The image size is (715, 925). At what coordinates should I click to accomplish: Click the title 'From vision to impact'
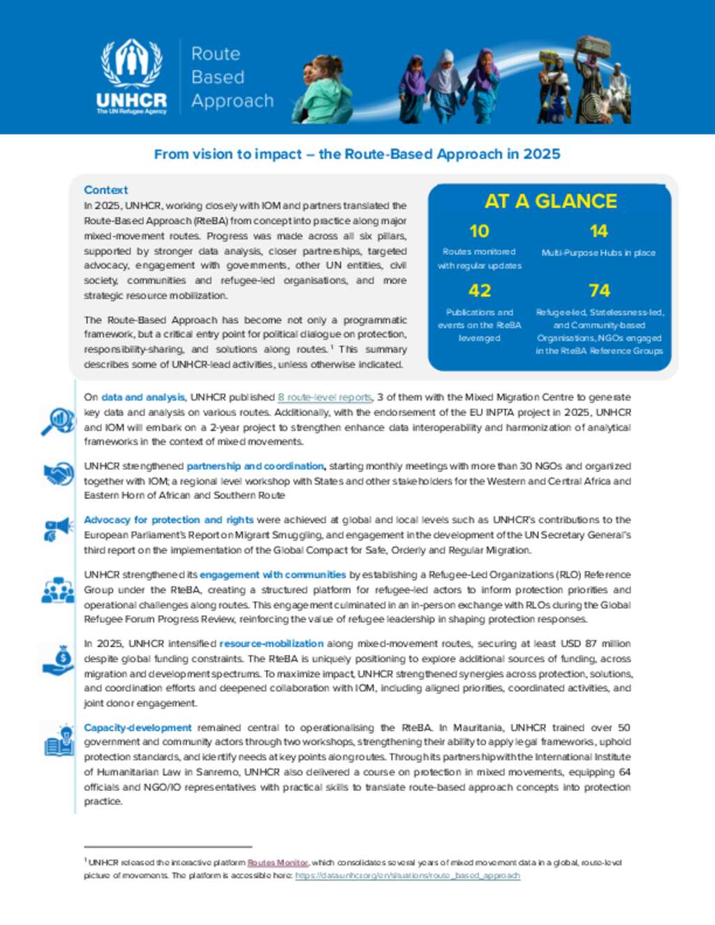(357, 154)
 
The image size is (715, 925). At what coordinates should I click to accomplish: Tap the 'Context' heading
(105, 190)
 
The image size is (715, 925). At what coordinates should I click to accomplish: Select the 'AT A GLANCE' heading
(550, 202)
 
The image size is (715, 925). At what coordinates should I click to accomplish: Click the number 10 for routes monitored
(479, 231)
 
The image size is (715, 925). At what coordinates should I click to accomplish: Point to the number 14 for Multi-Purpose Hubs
(598, 231)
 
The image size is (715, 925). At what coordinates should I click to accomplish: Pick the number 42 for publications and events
(479, 290)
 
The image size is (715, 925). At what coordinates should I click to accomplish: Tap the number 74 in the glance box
(598, 290)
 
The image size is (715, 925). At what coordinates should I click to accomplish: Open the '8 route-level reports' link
(325, 397)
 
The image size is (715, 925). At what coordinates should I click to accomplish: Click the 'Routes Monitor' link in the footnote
(278, 863)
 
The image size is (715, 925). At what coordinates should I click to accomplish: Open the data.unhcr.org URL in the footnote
(407, 875)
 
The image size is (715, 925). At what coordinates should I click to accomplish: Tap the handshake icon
(59, 474)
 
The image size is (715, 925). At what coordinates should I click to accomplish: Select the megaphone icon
(58, 528)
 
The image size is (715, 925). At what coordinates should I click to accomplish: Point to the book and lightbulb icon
(59, 742)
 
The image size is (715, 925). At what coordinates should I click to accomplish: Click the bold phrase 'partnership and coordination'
(255, 466)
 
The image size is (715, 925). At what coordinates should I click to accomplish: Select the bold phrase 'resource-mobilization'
(272, 644)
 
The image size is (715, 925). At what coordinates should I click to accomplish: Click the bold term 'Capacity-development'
(138, 727)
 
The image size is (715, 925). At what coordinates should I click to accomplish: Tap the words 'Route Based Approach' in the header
(232, 77)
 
